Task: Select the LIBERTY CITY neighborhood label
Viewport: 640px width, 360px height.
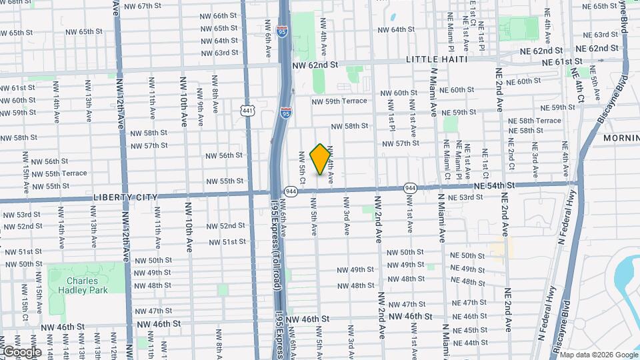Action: pos(125,197)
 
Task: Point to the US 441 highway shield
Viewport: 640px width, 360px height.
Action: pos(247,110)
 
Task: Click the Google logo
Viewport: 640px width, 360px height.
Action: pos(21,352)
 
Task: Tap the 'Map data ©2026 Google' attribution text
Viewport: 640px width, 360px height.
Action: pos(599,355)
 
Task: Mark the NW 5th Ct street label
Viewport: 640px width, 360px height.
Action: pos(302,167)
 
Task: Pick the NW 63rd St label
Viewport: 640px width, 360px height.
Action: pos(221,53)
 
